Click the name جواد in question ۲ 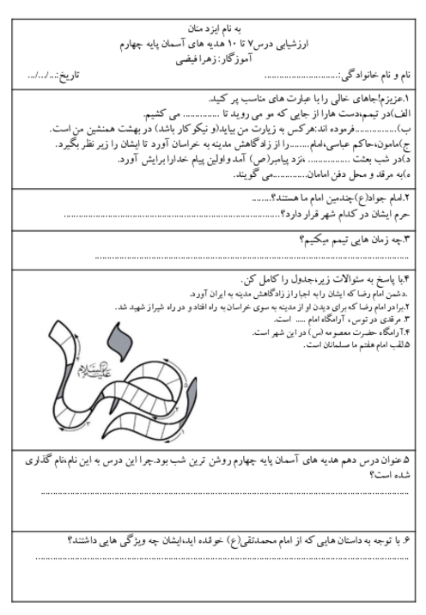click(380, 198)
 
